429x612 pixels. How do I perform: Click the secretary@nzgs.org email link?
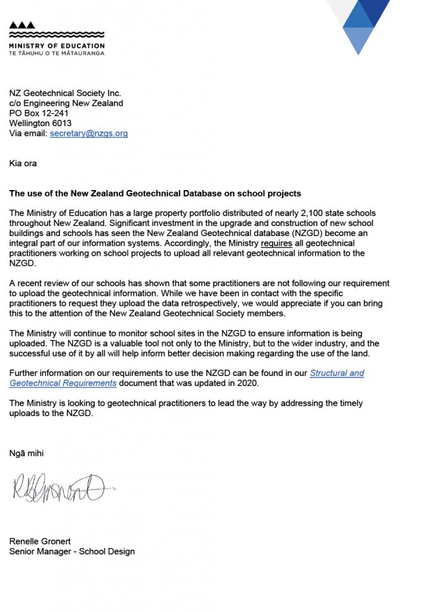tap(89, 133)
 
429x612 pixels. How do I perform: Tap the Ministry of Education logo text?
tap(57, 45)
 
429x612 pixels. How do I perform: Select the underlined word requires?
tap(277, 243)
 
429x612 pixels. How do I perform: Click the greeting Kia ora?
tap(23, 163)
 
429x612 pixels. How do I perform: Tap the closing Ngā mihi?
tap(26, 453)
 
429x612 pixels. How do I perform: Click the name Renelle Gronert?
tap(40, 541)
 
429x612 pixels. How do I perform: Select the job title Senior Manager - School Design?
tap(72, 551)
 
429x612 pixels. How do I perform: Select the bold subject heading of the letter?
tap(155, 194)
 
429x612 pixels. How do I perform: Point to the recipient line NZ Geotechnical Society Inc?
tap(65, 93)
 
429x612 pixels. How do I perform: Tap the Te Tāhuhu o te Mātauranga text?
tap(57, 53)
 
